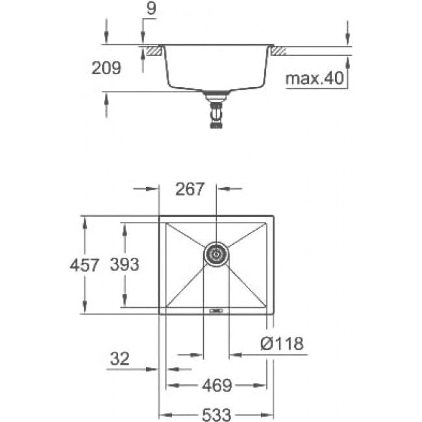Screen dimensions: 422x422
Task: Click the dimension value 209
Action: pos(106,68)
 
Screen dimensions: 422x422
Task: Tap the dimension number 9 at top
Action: pos(151,8)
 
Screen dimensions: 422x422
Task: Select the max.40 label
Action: pos(314,79)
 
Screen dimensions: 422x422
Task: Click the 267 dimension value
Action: pos(190,189)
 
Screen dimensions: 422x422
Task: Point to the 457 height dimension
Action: pos(84,265)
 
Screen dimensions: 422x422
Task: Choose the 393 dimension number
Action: pos(125,264)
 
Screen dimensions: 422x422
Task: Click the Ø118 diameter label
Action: pos(282,343)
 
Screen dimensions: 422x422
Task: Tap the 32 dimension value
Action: pos(119,358)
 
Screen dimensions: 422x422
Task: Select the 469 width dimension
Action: pos(217,386)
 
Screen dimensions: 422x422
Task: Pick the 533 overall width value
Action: pos(216,415)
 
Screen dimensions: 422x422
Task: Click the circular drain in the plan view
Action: pos(216,254)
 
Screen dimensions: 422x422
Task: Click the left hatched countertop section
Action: pos(155,51)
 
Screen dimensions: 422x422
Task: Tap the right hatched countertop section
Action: pos(279,51)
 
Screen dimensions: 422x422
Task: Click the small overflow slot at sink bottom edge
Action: pos(216,311)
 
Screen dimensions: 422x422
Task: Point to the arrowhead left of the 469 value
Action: pos(172,386)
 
